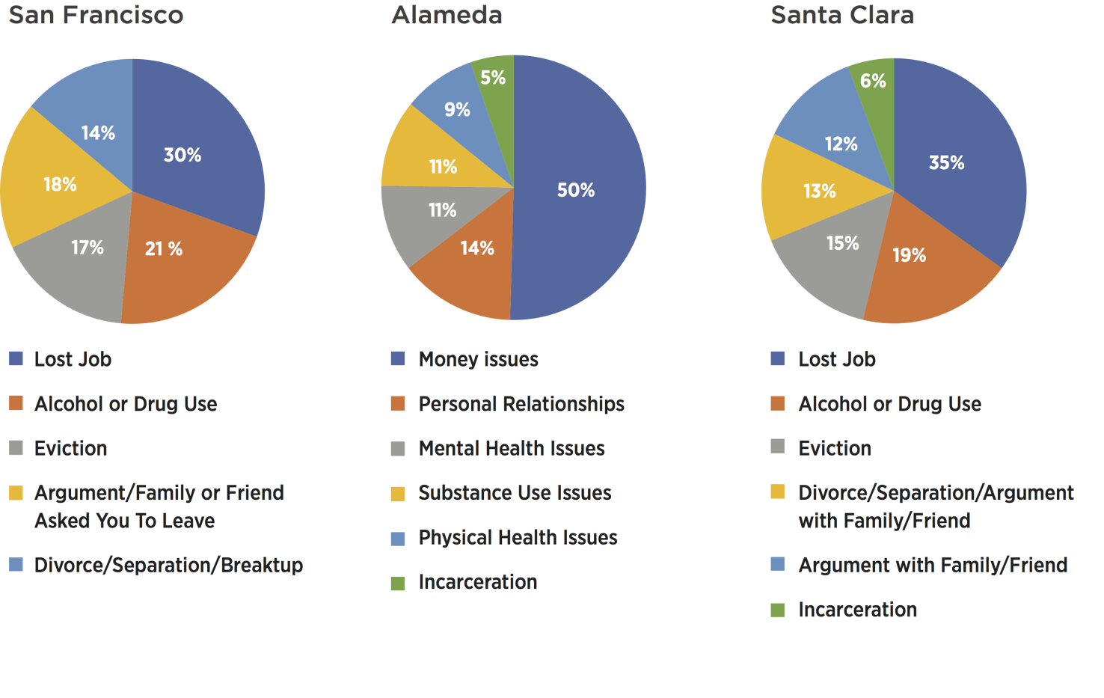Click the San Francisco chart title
[96, 15]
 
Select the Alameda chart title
[447, 15]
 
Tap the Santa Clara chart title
[842, 15]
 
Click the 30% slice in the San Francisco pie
[194, 142]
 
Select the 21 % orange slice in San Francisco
[180, 269]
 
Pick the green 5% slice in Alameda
[496, 75]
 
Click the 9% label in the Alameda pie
[457, 110]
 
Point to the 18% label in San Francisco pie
[60, 184]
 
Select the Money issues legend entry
[478, 359]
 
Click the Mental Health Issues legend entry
[512, 448]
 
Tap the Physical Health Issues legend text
[518, 537]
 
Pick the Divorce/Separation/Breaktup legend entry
[168, 565]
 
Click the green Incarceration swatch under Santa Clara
[778, 610]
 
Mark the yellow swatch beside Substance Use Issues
[398, 494]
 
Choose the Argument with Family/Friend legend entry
[933, 565]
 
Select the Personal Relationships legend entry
[521, 404]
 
